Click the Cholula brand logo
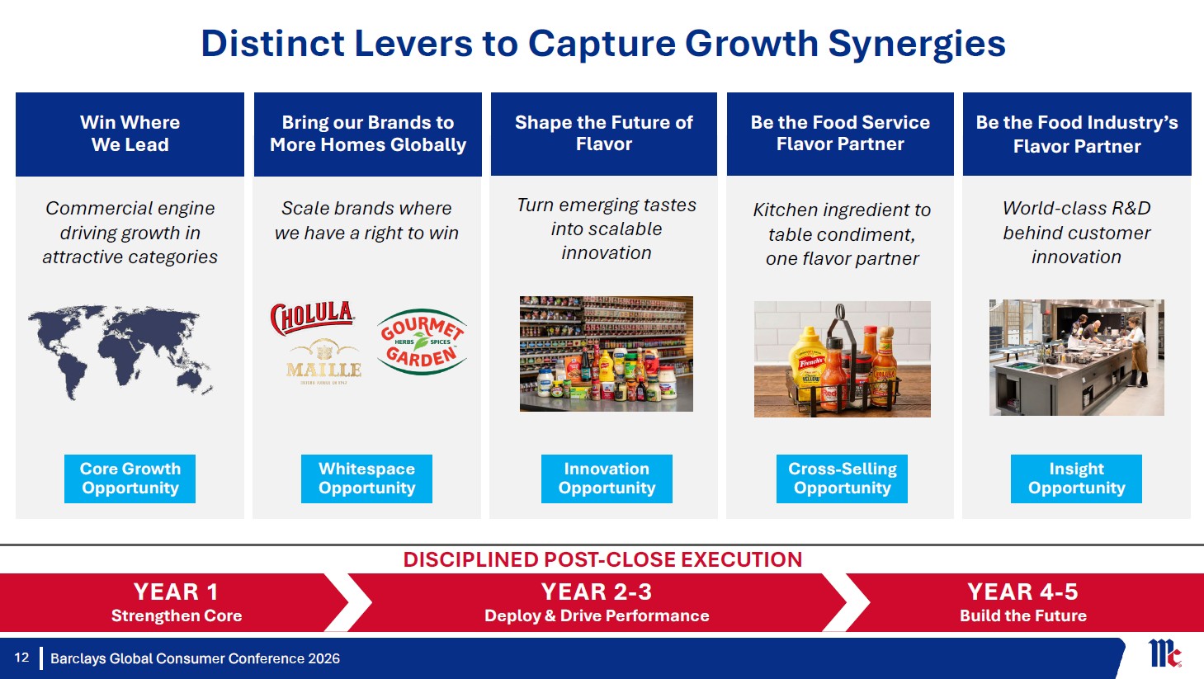[312, 318]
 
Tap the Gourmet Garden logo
[422, 342]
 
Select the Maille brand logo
[323, 362]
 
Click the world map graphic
[120, 352]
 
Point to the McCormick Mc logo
[1164, 653]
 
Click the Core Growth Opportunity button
[130, 479]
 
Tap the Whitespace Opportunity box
[366, 479]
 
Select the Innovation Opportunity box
[607, 479]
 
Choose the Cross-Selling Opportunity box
[843, 479]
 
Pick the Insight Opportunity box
[1077, 479]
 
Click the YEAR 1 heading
[177, 592]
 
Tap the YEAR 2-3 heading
[597, 592]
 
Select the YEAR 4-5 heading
[1022, 592]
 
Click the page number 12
[21, 658]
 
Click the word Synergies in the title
[917, 44]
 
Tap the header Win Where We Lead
[130, 134]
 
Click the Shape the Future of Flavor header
[604, 133]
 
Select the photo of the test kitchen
[1077, 357]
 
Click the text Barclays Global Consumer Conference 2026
[195, 658]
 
